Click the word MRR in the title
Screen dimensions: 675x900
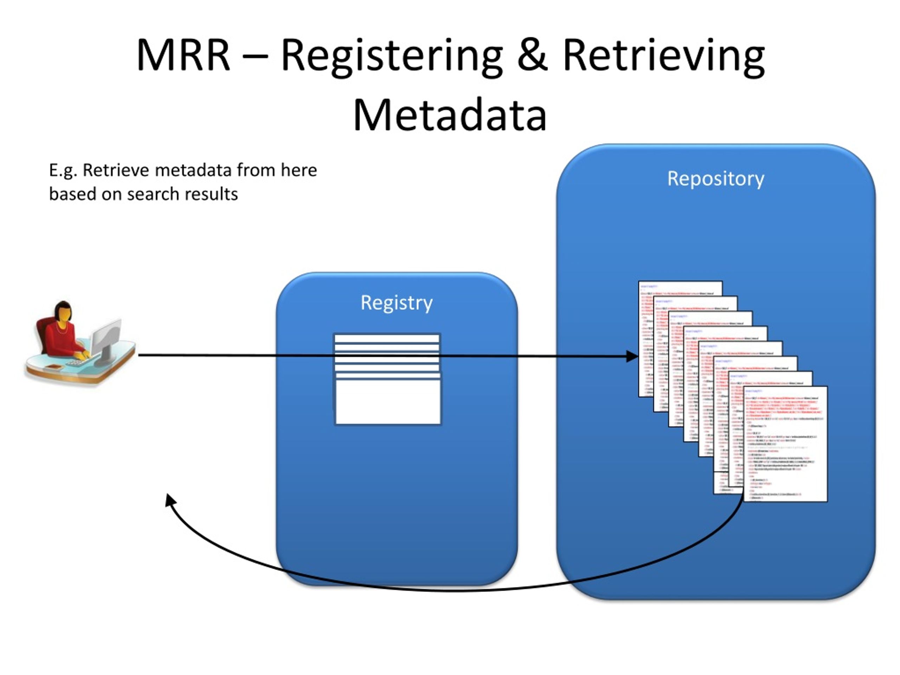click(x=183, y=56)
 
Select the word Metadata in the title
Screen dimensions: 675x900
click(x=450, y=115)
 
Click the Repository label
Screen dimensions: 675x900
click(x=716, y=179)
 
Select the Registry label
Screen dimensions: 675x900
click(x=396, y=303)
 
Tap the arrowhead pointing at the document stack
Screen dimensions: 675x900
click(x=631, y=357)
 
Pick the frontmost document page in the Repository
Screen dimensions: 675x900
click(x=785, y=443)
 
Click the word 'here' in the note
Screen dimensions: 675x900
click(x=298, y=170)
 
